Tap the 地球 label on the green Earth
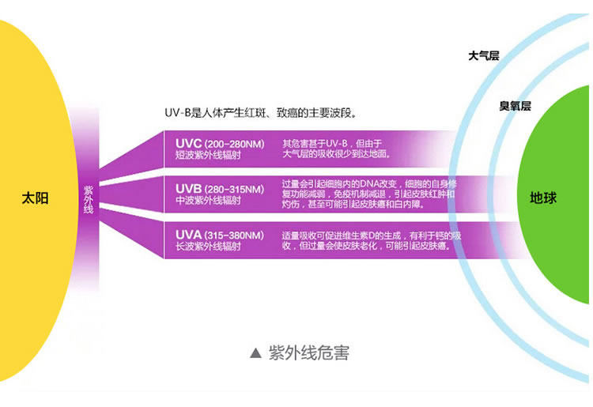pos(543,198)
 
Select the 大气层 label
pos(484,56)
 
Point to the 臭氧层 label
pos(515,106)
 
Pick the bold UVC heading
pos(189,144)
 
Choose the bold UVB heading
pos(189,190)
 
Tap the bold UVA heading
pos(189,235)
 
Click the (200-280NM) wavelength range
pos(234,145)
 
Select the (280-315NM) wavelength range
pos(234,190)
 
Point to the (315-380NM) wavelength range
pos(234,236)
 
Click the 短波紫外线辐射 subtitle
pos(207,156)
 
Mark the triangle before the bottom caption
pos(255,353)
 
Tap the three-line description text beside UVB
pos(370,194)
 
